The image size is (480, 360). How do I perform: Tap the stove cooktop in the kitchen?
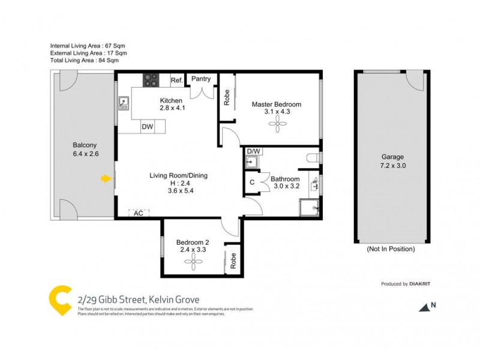pos(150,80)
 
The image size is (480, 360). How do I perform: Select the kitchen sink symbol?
pos(124,104)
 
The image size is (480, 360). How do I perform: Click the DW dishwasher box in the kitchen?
pos(147,127)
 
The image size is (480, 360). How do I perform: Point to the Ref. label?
pos(176,80)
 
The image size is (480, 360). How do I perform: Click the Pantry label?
pos(200,79)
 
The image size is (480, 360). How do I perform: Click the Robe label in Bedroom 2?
pos(233,260)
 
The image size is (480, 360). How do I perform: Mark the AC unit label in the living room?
pos(138,213)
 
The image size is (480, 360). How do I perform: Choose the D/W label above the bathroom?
pos(253,151)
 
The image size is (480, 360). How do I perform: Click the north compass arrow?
pos(425,307)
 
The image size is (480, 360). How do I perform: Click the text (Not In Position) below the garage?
pos(391,248)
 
